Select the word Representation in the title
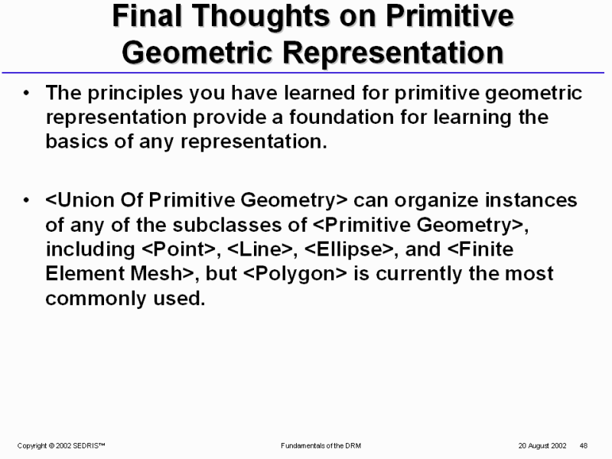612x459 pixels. (392, 52)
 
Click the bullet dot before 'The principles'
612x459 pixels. (26, 93)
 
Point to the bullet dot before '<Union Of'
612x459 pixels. (26, 200)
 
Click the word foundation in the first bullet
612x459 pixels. (341, 117)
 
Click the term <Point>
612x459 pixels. (179, 249)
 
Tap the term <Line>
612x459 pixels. (260, 249)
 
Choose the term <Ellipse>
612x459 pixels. (349, 250)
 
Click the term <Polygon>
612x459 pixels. (295, 274)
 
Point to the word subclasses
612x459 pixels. (239, 225)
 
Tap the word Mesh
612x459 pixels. (156, 273)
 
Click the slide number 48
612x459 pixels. (584, 446)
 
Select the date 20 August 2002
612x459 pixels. (542, 446)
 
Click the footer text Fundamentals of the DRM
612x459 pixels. (321, 446)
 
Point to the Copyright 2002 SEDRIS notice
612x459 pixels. (61, 446)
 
